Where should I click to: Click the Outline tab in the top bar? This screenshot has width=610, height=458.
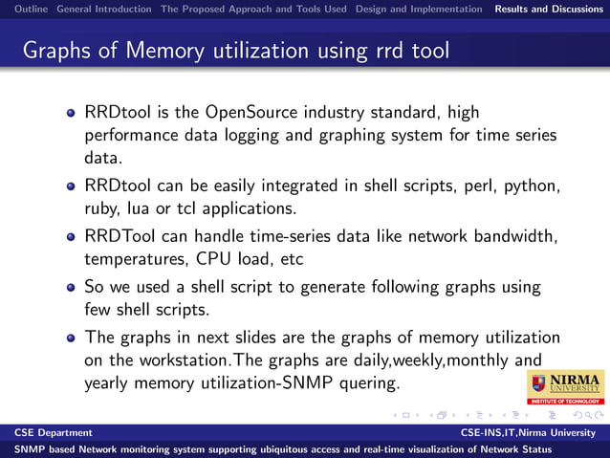25,9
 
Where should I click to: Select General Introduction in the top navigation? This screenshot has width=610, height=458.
103,9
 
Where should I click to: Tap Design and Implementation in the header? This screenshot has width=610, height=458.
419,9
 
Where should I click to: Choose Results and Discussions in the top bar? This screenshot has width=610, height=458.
549,9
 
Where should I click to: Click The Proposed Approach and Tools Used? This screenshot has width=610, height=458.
253,9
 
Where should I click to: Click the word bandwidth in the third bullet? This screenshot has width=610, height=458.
518,235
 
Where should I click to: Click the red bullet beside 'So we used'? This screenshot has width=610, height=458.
71,288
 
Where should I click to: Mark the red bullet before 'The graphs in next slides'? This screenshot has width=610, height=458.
71,338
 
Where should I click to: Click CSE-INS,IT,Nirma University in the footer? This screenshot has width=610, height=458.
532,433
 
